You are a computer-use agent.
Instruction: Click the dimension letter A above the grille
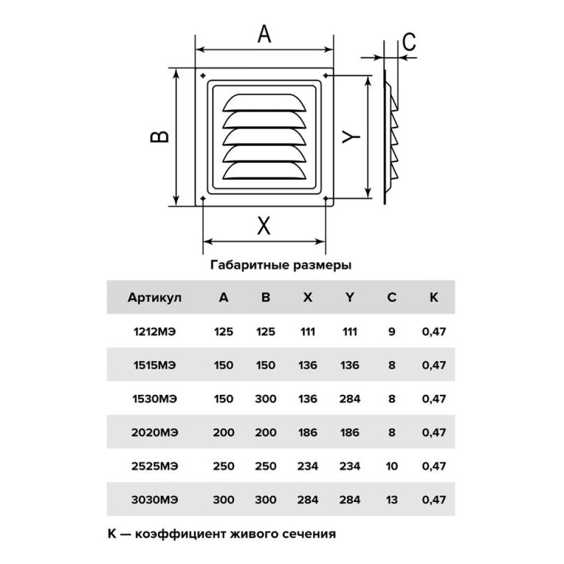click(x=264, y=34)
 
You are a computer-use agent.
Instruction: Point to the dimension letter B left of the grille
click(x=160, y=136)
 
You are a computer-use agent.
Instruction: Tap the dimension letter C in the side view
click(x=409, y=42)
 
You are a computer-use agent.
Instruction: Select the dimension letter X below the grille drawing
click(x=263, y=226)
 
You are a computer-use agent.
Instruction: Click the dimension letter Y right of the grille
click(x=351, y=136)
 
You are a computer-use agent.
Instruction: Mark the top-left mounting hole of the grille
click(x=203, y=76)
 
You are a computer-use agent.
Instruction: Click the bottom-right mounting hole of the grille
click(x=325, y=198)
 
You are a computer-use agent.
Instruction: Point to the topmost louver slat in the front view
click(x=264, y=103)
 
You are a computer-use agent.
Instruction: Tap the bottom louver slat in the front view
click(x=264, y=170)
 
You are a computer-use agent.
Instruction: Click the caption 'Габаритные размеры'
click(x=281, y=265)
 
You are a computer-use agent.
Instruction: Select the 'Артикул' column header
click(x=155, y=298)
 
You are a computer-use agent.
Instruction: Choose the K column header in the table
click(x=434, y=297)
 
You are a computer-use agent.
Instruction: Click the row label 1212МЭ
click(x=155, y=331)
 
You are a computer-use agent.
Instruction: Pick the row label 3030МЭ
click(x=155, y=500)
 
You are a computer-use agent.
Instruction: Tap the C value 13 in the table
click(x=392, y=500)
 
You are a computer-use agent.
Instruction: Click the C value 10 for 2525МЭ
click(x=392, y=466)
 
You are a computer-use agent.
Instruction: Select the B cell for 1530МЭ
click(x=266, y=399)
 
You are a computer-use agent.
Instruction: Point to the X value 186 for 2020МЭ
click(x=307, y=433)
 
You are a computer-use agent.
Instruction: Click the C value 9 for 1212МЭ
click(x=392, y=331)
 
